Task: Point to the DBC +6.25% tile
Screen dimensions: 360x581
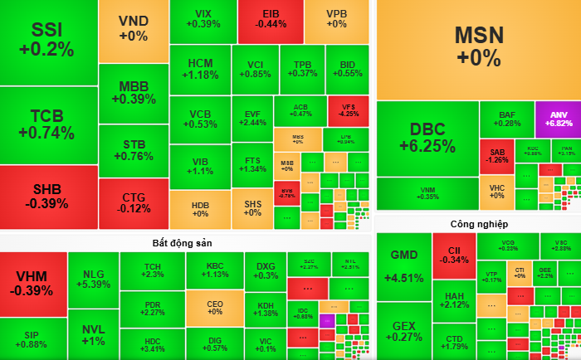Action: (x=427, y=138)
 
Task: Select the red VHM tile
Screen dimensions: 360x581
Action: (x=32, y=283)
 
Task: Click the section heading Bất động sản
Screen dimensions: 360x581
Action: (x=186, y=241)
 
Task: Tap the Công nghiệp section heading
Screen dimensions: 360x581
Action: (x=479, y=224)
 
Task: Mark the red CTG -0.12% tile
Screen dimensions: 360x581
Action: (x=133, y=202)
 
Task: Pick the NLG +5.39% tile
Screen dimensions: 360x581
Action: (x=93, y=279)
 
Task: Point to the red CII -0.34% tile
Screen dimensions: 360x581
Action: (x=453, y=255)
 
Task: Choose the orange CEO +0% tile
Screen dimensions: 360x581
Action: (x=215, y=307)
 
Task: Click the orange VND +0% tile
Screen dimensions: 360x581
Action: (x=133, y=29)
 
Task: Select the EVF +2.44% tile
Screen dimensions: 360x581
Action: (x=252, y=117)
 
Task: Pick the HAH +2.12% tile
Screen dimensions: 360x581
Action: (x=453, y=299)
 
